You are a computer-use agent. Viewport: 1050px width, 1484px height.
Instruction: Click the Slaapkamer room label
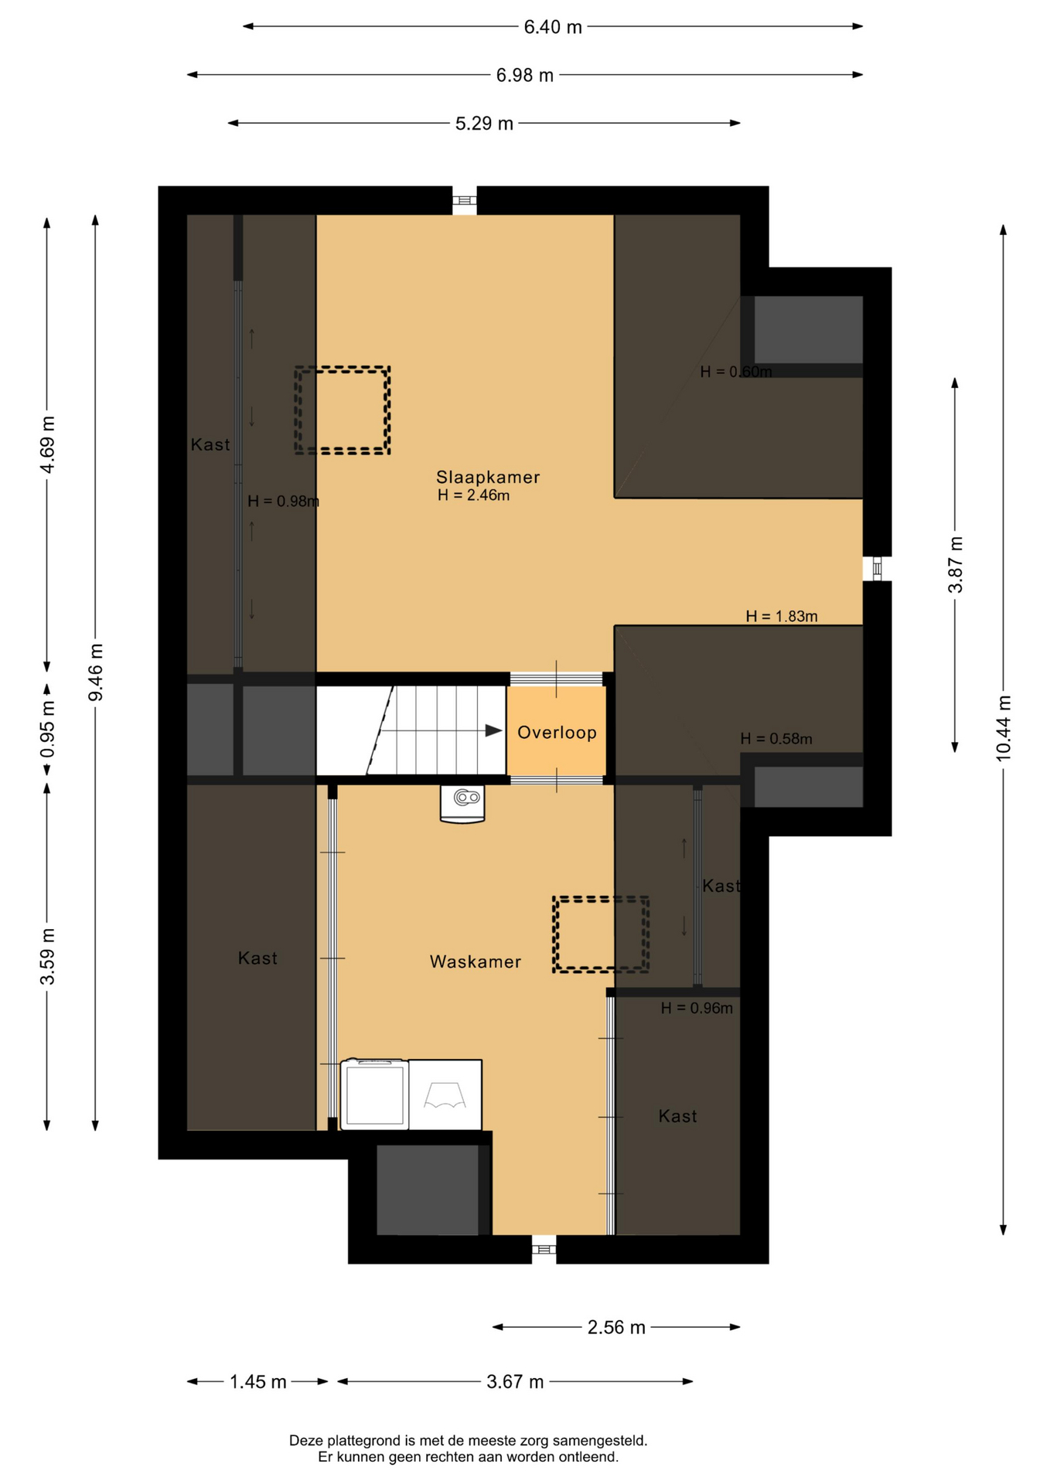[488, 477]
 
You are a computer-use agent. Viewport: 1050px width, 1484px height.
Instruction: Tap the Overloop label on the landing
[557, 732]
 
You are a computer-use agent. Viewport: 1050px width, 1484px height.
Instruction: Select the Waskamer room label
[476, 962]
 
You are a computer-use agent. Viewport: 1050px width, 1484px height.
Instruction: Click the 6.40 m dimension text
[553, 27]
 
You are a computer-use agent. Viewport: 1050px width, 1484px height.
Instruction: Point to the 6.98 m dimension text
[525, 75]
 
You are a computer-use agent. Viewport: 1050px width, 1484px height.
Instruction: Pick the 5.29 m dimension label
[484, 124]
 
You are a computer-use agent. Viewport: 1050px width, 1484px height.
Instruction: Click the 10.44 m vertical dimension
[1003, 729]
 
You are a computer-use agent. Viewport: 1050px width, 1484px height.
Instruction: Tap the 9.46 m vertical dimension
[95, 672]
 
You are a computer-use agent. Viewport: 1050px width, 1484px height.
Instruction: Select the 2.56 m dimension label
[616, 1327]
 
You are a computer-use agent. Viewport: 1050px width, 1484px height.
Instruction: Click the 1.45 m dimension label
[258, 1381]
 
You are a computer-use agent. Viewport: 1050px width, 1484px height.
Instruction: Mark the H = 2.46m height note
[473, 495]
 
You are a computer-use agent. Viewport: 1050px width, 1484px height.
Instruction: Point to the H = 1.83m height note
[782, 616]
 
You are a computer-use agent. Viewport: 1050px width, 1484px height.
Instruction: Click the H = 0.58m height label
[776, 739]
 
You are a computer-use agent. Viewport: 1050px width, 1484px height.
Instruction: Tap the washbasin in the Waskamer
[462, 804]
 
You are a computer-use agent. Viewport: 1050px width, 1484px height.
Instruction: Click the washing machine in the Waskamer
[374, 1094]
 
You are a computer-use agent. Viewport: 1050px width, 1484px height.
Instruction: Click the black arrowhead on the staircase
[493, 730]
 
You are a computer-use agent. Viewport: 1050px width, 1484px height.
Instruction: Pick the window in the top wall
[464, 201]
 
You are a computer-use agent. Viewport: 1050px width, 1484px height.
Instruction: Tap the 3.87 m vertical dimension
[955, 565]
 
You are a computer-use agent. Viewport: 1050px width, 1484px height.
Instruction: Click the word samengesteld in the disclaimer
[600, 1441]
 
